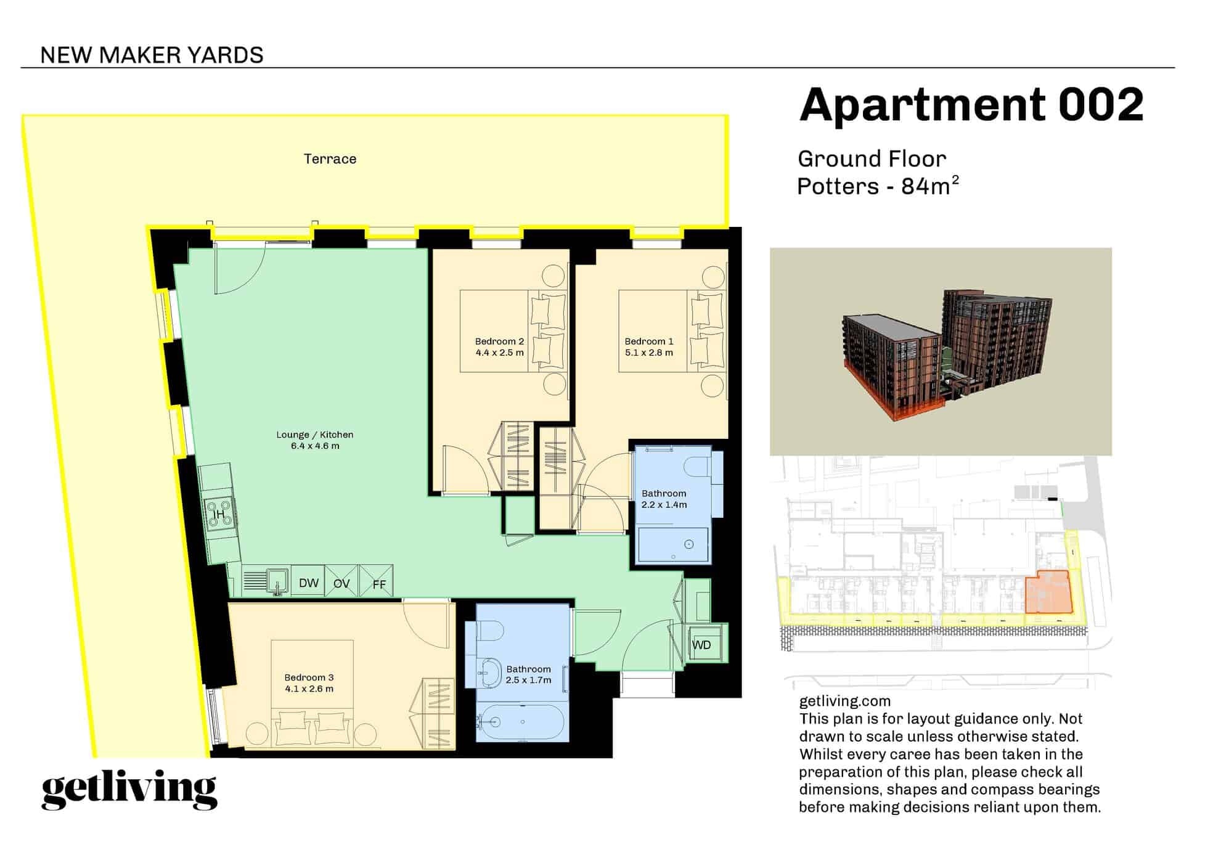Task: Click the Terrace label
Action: pos(330,159)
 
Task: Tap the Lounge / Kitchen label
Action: pos(314,435)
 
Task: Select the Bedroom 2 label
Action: pos(499,342)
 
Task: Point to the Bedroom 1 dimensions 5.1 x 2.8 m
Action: pos(648,353)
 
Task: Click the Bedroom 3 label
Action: pos(309,677)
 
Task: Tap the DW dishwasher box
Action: pos(308,583)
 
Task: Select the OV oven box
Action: pos(341,583)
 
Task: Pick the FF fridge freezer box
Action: pos(377,583)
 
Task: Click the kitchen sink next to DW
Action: pos(277,581)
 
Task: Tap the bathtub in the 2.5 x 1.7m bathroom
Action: pos(523,721)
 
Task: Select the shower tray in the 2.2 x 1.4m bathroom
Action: pos(673,545)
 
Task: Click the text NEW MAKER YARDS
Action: pos(152,55)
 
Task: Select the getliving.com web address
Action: pos(844,701)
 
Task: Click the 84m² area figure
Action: pos(930,186)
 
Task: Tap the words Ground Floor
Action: pos(872,159)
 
